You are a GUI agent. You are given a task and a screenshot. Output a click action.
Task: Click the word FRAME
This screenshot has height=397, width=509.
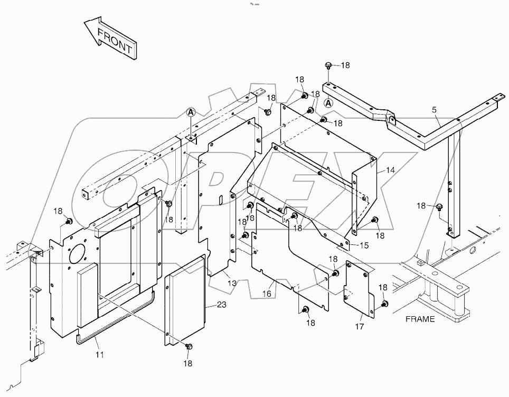420,319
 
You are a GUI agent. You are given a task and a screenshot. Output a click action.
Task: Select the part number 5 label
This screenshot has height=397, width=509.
434,110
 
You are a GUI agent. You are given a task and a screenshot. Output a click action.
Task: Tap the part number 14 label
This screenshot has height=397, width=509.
390,170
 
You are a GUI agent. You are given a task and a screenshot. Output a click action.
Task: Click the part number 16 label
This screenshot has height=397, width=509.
268,292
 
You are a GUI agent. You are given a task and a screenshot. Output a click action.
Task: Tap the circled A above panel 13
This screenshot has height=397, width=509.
191,112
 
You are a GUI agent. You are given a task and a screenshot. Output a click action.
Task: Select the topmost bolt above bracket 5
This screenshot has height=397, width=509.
328,66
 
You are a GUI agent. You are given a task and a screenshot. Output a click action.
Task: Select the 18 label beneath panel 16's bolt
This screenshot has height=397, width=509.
310,323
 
